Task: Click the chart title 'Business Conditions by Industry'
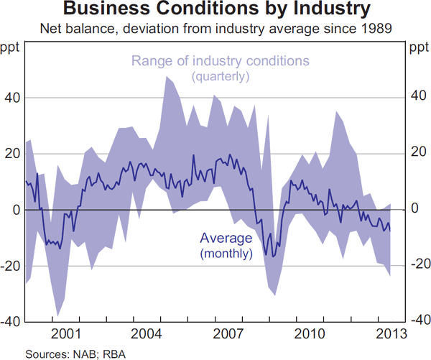click(216, 11)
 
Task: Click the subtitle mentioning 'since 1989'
click(216, 29)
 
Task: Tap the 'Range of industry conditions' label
click(221, 61)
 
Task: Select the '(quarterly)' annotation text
click(221, 75)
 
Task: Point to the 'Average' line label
click(226, 239)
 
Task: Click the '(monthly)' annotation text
click(226, 253)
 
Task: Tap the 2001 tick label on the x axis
click(65, 333)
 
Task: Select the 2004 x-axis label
click(147, 333)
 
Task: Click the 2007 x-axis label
click(228, 333)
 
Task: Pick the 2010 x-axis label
click(309, 333)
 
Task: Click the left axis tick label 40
click(13, 98)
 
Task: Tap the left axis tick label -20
click(11, 265)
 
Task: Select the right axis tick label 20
click(417, 154)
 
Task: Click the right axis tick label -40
click(419, 321)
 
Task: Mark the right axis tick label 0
click(414, 210)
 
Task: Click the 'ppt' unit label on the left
click(12, 48)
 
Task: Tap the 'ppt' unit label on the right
click(418, 48)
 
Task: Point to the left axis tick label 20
click(13, 154)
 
